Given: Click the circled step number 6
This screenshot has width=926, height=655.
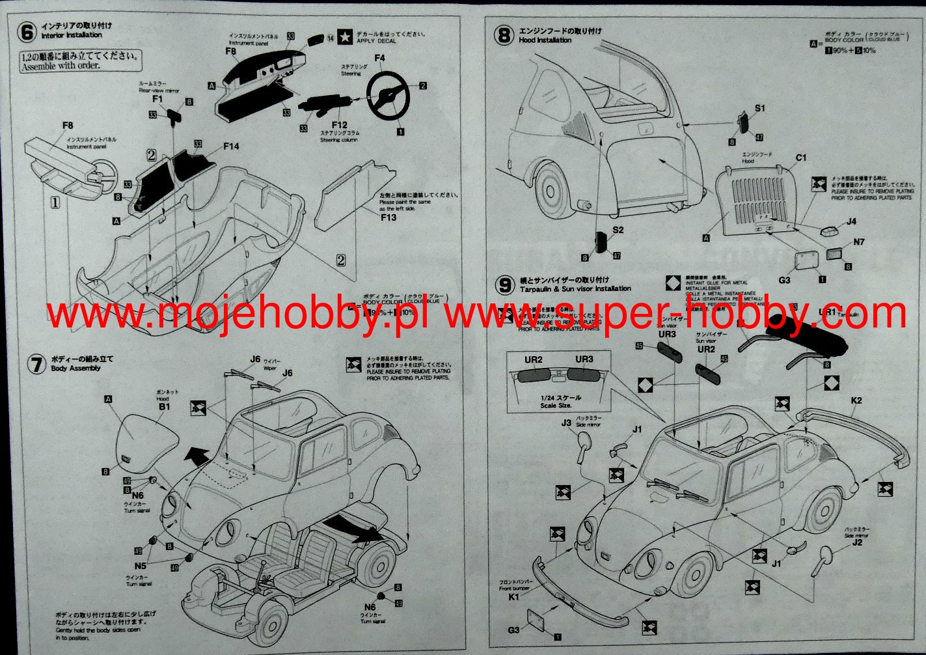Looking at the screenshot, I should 27,31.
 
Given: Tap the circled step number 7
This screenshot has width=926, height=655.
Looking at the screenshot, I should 36,363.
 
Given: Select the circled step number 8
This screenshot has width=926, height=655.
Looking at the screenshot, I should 504,35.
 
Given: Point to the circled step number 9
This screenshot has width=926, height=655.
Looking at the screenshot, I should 505,285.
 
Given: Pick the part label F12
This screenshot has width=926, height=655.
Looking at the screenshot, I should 339,124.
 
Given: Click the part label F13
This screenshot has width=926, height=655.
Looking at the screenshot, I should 388,217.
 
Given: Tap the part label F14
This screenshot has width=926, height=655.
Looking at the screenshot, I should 231,146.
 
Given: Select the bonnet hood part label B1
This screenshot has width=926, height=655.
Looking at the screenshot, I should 164,406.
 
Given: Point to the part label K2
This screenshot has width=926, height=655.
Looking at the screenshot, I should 856,400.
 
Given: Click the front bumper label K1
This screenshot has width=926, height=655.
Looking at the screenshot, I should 514,596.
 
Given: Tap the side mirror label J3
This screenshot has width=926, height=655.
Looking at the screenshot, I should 566,423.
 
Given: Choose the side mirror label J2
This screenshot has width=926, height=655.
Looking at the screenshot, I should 857,542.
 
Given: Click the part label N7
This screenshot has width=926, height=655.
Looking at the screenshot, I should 859,242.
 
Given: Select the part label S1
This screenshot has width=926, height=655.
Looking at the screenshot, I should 760,108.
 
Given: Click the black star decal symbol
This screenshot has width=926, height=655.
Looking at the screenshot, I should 346,37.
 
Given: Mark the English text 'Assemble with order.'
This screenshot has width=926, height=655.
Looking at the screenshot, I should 61,65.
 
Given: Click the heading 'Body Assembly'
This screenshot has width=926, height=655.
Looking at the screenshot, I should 76,368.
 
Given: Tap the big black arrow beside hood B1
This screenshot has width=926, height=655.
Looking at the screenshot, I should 197,456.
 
